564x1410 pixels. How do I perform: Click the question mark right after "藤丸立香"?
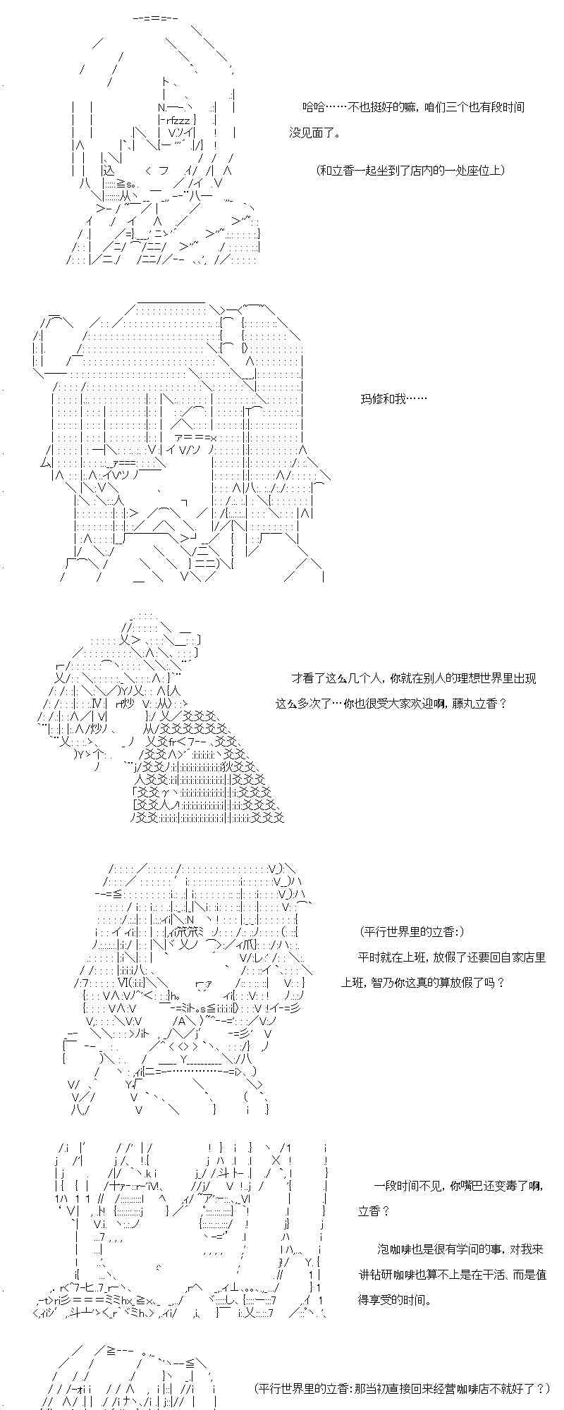[x=502, y=703]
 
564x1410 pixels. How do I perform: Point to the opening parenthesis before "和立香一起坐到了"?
[x=319, y=170]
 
